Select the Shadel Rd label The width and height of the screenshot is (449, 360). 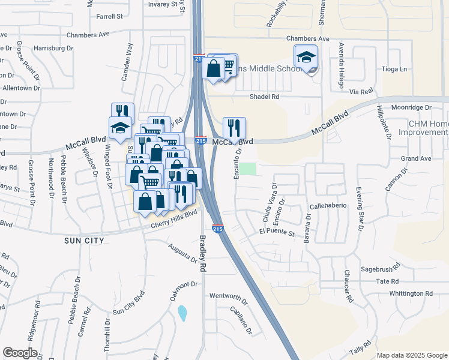coord(265,96)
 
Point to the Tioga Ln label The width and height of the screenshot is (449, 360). coord(394,69)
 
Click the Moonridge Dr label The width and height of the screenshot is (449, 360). coord(411,107)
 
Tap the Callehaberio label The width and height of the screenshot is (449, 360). coord(328,206)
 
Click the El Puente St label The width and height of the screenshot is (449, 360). coord(277,232)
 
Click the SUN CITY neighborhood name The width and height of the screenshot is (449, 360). coord(85,241)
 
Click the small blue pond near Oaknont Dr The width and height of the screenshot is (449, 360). coord(182,313)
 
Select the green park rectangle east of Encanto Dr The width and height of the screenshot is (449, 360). coord(249,169)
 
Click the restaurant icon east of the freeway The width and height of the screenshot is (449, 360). coord(234,127)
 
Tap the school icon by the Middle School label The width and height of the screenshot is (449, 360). coord(306,58)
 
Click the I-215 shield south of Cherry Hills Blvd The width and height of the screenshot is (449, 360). coord(218,229)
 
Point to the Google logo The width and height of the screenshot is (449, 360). coord(20,353)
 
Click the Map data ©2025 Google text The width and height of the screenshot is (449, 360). coord(412,355)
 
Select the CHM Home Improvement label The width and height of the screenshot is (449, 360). coord(428,128)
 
